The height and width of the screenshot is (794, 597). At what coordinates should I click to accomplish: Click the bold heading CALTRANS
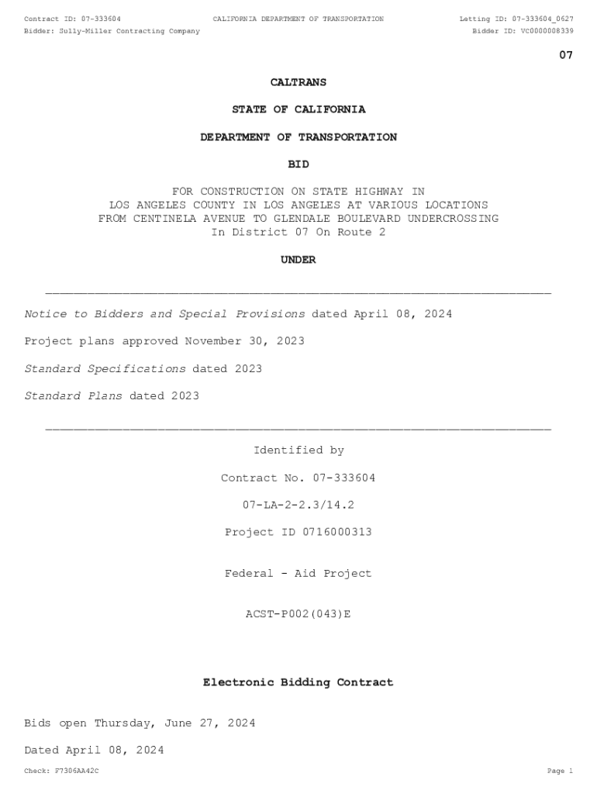(298, 82)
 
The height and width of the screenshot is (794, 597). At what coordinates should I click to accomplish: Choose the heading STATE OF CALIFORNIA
(298, 109)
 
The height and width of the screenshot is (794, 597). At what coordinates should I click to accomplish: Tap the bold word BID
(298, 164)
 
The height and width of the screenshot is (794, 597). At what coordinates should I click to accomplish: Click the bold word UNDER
(298, 260)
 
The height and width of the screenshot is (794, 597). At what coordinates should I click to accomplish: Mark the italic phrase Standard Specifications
(105, 369)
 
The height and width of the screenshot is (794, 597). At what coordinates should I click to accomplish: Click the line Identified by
(298, 451)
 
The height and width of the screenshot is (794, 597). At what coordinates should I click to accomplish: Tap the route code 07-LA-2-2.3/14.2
(298, 505)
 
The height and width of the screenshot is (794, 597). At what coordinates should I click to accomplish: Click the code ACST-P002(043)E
(298, 614)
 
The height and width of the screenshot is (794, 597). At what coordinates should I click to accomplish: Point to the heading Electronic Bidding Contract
(298, 682)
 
